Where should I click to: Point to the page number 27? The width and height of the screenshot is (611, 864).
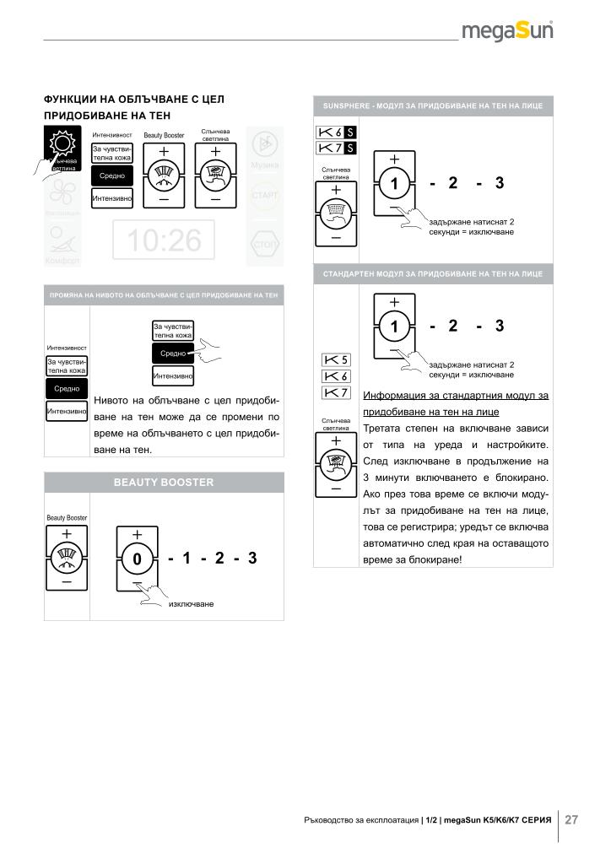pos(571,819)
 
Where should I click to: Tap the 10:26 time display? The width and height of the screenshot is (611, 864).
pos(165,240)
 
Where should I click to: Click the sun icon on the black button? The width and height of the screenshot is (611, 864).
pos(62,144)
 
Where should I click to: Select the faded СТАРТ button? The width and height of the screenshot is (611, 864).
pos(265,195)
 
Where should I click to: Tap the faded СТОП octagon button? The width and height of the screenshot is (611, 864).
pos(265,246)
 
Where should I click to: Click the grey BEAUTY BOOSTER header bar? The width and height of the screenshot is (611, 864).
pos(164,482)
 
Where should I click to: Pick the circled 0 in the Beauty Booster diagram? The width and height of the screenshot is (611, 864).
pos(136,559)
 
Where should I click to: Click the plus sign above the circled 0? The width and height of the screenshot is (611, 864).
pos(136,534)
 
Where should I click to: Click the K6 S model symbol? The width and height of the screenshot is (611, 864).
pos(336,132)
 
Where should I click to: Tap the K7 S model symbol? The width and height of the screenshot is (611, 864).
pos(336,148)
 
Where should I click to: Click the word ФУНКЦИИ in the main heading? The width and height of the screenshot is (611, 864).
pos(74,99)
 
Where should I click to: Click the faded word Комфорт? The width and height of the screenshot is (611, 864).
pos(62,261)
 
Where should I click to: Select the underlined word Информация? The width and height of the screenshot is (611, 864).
pos(393,395)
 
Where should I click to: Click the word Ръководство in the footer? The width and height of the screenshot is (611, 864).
pos(332,819)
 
